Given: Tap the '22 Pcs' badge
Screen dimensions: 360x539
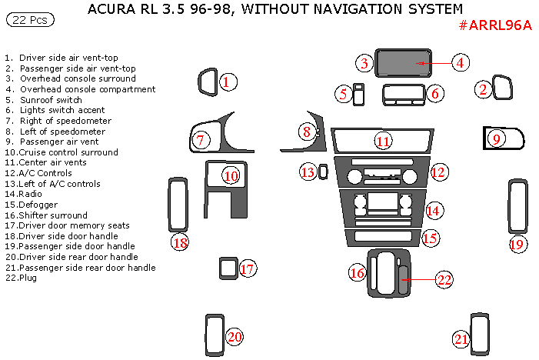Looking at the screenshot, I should click(x=28, y=20).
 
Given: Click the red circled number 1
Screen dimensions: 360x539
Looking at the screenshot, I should click(x=226, y=82).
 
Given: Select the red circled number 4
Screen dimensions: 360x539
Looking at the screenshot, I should click(x=459, y=63).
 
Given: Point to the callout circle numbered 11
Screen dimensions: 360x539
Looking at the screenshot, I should click(x=383, y=141).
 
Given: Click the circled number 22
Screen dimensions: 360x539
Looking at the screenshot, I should click(x=444, y=279).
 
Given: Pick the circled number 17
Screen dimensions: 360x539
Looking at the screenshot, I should click(x=247, y=269).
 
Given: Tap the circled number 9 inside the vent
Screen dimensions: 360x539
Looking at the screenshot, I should click(x=497, y=138).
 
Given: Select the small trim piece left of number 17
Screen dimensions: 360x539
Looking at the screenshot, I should click(x=226, y=268).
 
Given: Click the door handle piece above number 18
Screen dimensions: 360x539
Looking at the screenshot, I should click(x=178, y=205).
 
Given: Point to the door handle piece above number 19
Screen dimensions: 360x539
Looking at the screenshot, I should click(x=517, y=207).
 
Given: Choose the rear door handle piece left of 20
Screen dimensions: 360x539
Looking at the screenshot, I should click(x=213, y=332).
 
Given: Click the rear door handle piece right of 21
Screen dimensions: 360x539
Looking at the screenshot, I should click(x=480, y=333).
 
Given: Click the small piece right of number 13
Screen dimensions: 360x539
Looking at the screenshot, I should click(x=324, y=172).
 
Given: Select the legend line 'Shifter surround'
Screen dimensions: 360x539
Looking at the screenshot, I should click(x=54, y=215).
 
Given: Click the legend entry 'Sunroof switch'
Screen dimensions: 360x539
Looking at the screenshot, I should click(x=51, y=100).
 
